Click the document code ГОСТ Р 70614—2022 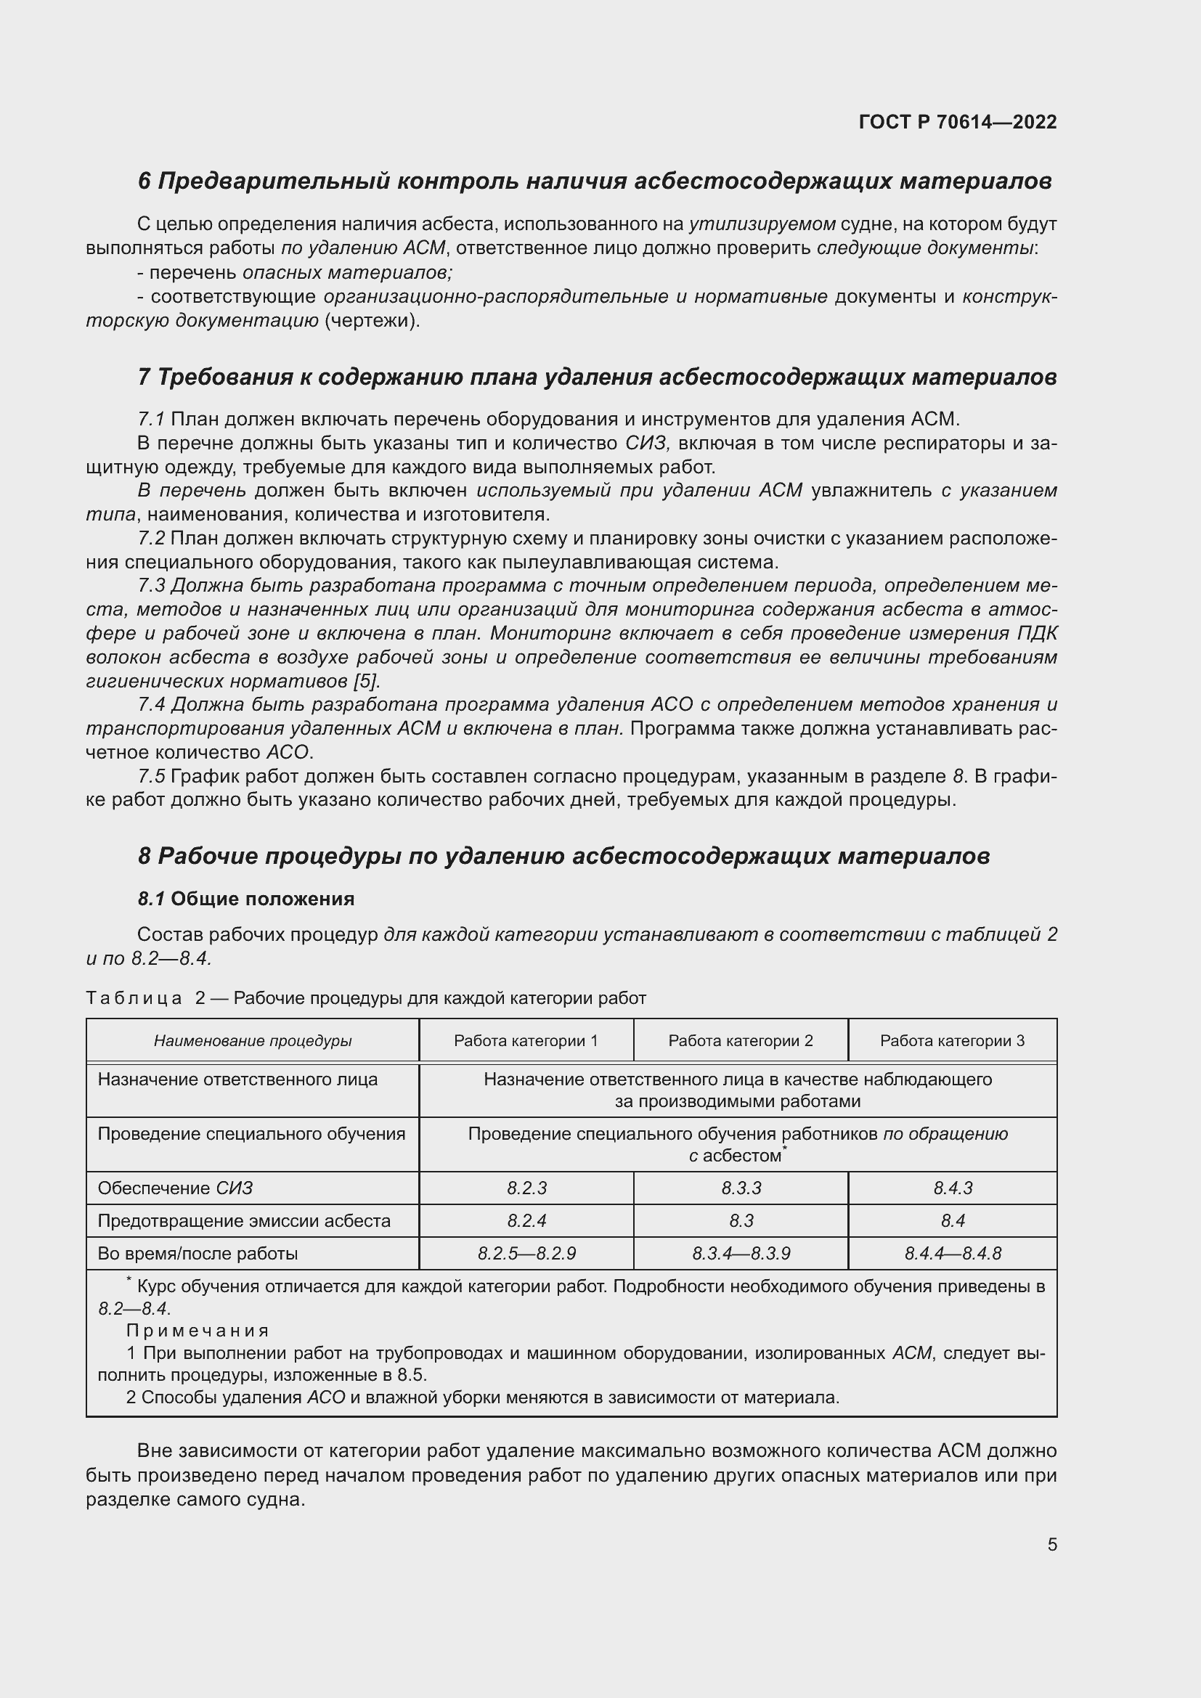[958, 122]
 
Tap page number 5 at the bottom [1051, 1544]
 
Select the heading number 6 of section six [144, 181]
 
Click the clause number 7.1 [150, 420]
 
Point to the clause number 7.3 [151, 586]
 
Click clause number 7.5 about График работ [151, 777]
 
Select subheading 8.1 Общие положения [245, 899]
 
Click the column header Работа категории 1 [526, 1040]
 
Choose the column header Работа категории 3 [952, 1040]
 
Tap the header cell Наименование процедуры [252, 1040]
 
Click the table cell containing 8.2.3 [526, 1188]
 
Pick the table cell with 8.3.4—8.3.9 [741, 1254]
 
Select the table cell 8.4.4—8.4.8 [953, 1254]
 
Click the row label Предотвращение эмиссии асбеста [244, 1220]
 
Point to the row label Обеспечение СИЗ [175, 1188]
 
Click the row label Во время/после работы [198, 1254]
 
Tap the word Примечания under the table [197, 1331]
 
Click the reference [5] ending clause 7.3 [367, 680]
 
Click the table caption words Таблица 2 [146, 998]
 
